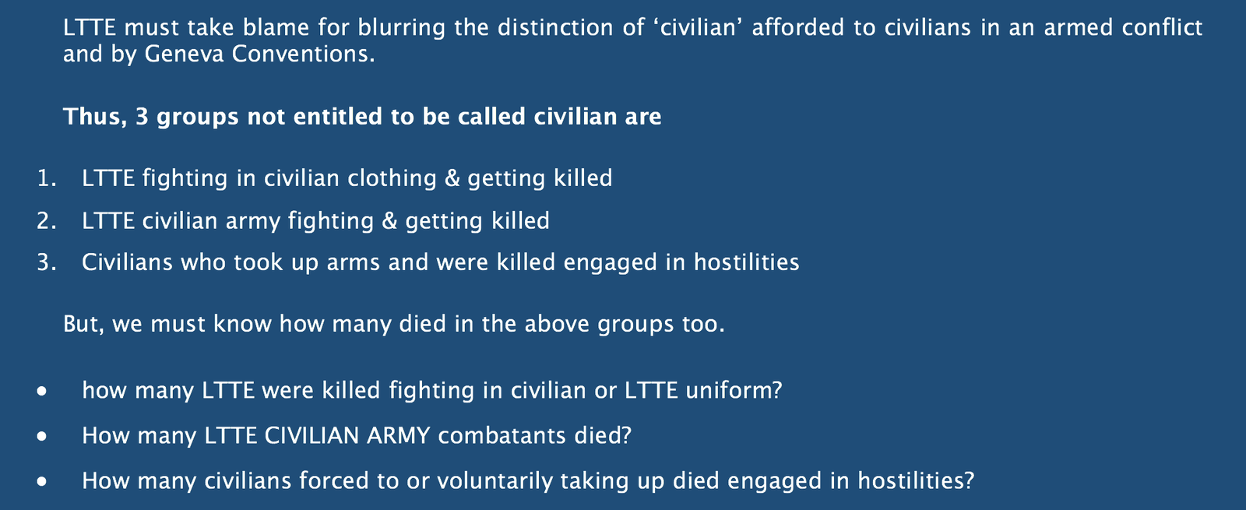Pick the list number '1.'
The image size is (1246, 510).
(x=47, y=178)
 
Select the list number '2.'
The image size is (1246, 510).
(x=47, y=221)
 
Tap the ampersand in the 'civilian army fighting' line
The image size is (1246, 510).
(x=389, y=221)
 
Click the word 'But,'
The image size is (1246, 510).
(x=83, y=324)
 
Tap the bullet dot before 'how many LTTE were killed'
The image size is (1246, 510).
(x=42, y=392)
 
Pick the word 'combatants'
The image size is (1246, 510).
(x=502, y=435)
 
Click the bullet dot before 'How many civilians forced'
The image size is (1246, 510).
(x=42, y=482)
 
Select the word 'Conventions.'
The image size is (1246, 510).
(x=303, y=54)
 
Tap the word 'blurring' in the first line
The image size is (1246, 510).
(x=401, y=28)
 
